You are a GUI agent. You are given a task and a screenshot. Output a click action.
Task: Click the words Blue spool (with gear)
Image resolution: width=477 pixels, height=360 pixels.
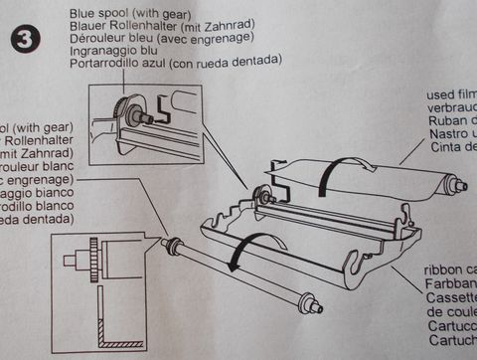pos(127,14)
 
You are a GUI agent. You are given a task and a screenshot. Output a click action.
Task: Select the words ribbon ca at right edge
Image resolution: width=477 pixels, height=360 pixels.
pos(450,268)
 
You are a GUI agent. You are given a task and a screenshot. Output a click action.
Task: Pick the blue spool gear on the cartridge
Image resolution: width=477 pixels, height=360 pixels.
pos(264,195)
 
